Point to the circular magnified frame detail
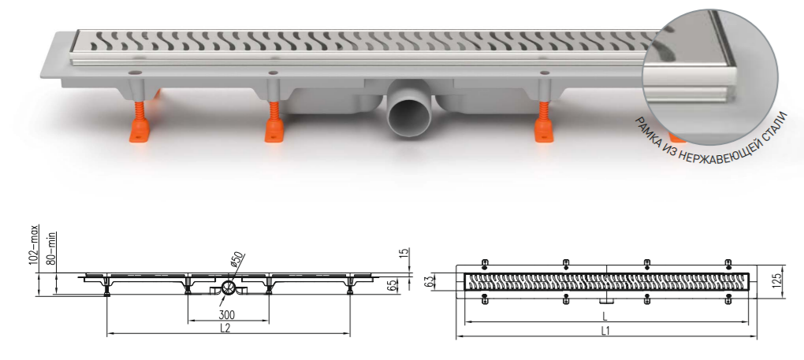(x=710, y=77)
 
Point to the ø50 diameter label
(x=238, y=260)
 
